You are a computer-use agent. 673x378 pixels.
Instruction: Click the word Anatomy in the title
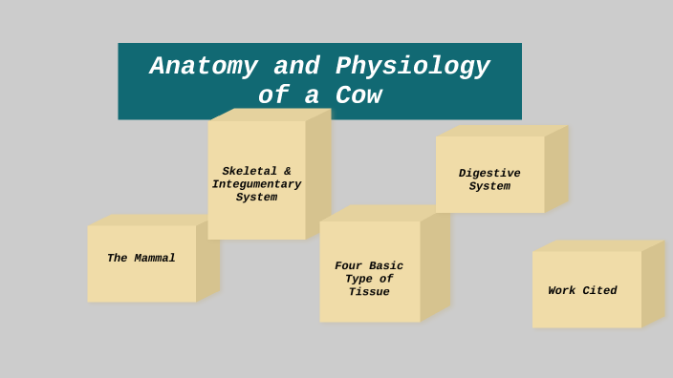[x=204, y=67]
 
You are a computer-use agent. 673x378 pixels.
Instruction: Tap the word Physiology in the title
[x=413, y=67]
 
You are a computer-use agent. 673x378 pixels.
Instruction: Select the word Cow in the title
[x=358, y=96]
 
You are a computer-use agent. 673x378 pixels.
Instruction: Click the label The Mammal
[x=141, y=259]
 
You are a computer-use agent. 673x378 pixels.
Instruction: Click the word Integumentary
[x=256, y=184]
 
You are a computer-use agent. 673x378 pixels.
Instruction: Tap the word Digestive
[x=489, y=174]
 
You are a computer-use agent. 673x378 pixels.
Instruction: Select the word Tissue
[x=369, y=292]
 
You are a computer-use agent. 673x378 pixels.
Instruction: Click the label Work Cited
[x=582, y=291]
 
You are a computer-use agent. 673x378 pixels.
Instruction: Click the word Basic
[x=386, y=266]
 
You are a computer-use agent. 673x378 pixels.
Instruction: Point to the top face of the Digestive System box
[x=501, y=131]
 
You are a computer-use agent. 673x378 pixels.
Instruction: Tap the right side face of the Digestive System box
[x=556, y=169]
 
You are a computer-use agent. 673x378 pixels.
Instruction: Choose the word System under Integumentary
[x=256, y=198]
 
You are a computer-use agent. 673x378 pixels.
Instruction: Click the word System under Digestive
[x=489, y=187]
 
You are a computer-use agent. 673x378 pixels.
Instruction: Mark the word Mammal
[x=154, y=259]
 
